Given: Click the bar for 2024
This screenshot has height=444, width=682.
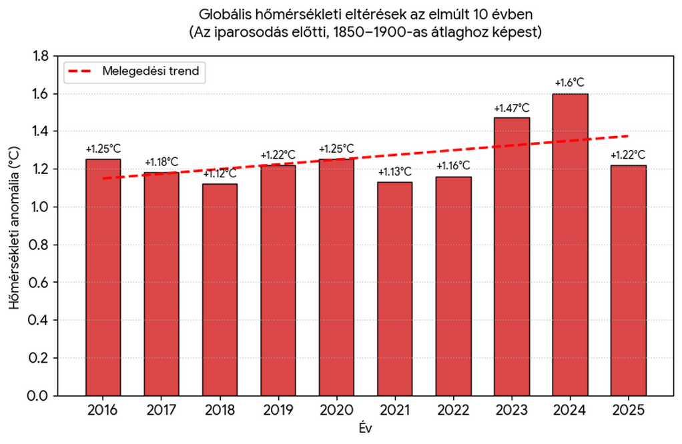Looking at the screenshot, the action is pos(570,245).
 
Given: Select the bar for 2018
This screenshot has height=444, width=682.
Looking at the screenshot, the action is pos(220,290).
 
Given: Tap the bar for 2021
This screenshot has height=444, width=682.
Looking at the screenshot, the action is pos(394,289).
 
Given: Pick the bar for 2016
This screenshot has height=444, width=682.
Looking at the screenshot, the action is pos(103,277).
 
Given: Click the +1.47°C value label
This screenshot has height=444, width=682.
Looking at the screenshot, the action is pos(511,108).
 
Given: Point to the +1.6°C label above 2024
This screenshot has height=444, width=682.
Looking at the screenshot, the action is pos(570,83).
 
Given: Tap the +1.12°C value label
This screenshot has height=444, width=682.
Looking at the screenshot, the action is pos(220,174).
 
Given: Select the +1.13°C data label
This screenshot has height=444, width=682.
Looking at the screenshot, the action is pos(394,172).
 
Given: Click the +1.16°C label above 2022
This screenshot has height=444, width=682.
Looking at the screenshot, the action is pos(453,166).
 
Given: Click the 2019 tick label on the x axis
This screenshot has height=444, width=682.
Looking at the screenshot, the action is pos(278,410).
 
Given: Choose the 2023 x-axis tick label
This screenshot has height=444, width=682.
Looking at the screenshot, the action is pos(511,410).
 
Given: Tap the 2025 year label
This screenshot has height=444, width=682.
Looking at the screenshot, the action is pos(628,410).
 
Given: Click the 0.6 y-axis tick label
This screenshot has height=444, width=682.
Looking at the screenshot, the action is pos(40,283).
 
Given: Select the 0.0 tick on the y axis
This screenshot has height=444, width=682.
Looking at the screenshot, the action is pos(40,396).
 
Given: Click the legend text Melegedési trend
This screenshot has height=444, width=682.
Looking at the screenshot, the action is pos(151,71).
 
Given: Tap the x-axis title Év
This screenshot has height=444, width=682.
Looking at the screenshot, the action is pos(366,429).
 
